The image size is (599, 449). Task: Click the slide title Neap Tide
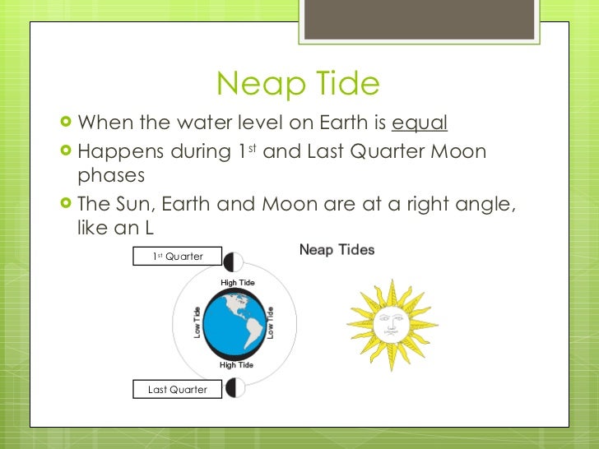[x=298, y=84]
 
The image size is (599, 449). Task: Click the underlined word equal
[x=420, y=123]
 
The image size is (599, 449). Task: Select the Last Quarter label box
[x=178, y=389]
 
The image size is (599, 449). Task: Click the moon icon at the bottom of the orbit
[x=233, y=387]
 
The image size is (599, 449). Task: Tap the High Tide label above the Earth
[x=237, y=283]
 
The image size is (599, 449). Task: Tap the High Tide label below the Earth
[x=236, y=364]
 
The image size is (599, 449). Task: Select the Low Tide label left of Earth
[x=197, y=323]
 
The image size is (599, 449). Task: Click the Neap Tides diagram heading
[x=337, y=249]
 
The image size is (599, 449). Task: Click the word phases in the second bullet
[x=110, y=176]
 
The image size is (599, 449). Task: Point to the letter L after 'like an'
[x=149, y=227]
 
